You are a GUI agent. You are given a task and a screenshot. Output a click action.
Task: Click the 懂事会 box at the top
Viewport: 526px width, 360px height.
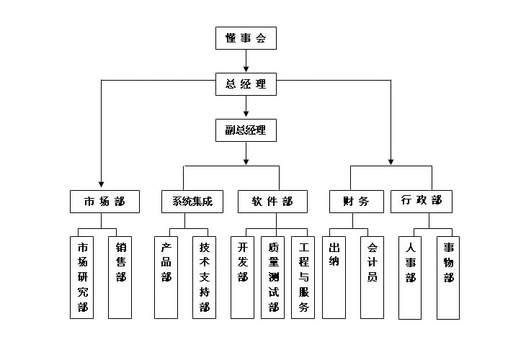(246, 38)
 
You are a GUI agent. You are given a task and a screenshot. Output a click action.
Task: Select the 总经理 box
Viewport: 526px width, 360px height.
(246, 84)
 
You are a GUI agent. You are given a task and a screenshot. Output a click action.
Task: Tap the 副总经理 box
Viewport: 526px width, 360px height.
(246, 130)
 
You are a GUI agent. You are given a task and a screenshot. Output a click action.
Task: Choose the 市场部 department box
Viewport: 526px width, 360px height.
(104, 202)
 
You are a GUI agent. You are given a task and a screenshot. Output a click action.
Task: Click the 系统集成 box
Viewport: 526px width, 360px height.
(192, 202)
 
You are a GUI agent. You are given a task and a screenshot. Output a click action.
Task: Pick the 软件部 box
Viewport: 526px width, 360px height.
(272, 202)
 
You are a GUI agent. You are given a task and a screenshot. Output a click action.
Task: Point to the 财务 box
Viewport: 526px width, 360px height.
(355, 202)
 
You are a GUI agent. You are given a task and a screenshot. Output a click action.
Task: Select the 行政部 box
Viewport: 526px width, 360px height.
(422, 201)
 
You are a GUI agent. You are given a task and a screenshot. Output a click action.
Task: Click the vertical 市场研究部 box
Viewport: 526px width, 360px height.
(82, 277)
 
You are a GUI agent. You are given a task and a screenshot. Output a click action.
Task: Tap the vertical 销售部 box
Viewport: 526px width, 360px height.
(120, 277)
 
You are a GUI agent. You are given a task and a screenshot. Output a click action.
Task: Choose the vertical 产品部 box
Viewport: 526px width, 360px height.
(166, 277)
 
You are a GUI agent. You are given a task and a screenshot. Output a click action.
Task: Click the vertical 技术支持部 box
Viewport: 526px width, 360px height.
(204, 277)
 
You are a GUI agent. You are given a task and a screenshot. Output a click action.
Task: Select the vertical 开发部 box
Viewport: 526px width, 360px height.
(242, 277)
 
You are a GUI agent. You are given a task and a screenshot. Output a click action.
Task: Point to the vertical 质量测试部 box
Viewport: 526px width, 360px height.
(272, 277)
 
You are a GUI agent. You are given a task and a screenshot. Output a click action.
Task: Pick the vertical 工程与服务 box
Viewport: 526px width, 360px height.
(303, 277)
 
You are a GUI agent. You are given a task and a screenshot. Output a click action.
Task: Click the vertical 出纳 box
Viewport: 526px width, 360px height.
(334, 277)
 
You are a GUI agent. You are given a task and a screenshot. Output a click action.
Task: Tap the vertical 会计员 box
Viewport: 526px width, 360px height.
(371, 277)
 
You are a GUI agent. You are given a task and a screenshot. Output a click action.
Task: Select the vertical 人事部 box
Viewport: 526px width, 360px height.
(410, 277)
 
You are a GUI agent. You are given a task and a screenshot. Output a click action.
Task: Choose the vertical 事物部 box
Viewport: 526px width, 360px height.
(447, 277)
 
